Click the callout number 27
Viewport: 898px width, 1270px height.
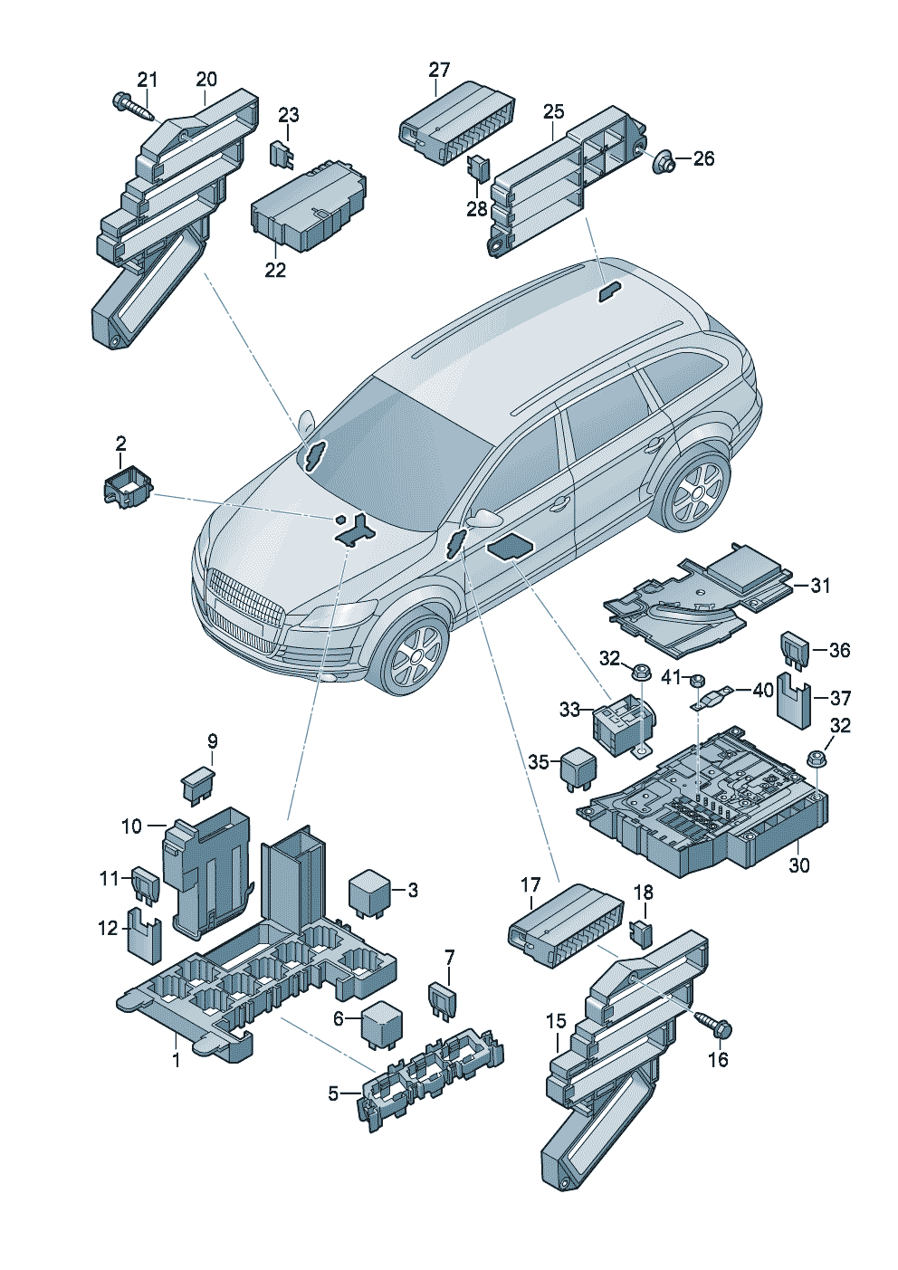(439, 70)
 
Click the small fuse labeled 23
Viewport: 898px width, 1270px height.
(283, 154)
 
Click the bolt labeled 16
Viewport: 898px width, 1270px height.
(716, 1026)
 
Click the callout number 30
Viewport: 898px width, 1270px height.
(798, 865)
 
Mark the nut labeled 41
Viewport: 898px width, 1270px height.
(698, 680)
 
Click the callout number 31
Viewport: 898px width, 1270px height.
(819, 586)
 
